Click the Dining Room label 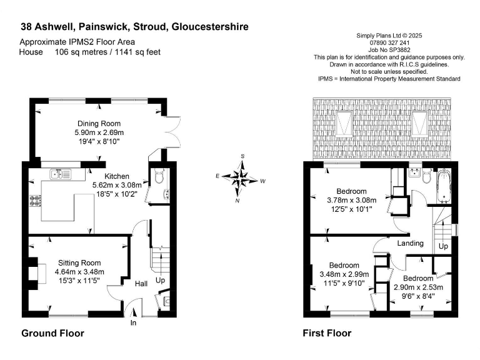click(99, 123)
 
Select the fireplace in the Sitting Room click(37, 273)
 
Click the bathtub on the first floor click(443, 186)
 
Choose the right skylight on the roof click(419, 122)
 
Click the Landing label click(411, 243)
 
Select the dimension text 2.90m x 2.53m click(418, 287)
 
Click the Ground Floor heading click(52, 334)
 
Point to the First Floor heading click(327, 334)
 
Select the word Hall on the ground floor click(141, 284)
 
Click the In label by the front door click(133, 322)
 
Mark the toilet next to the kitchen click(157, 177)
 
